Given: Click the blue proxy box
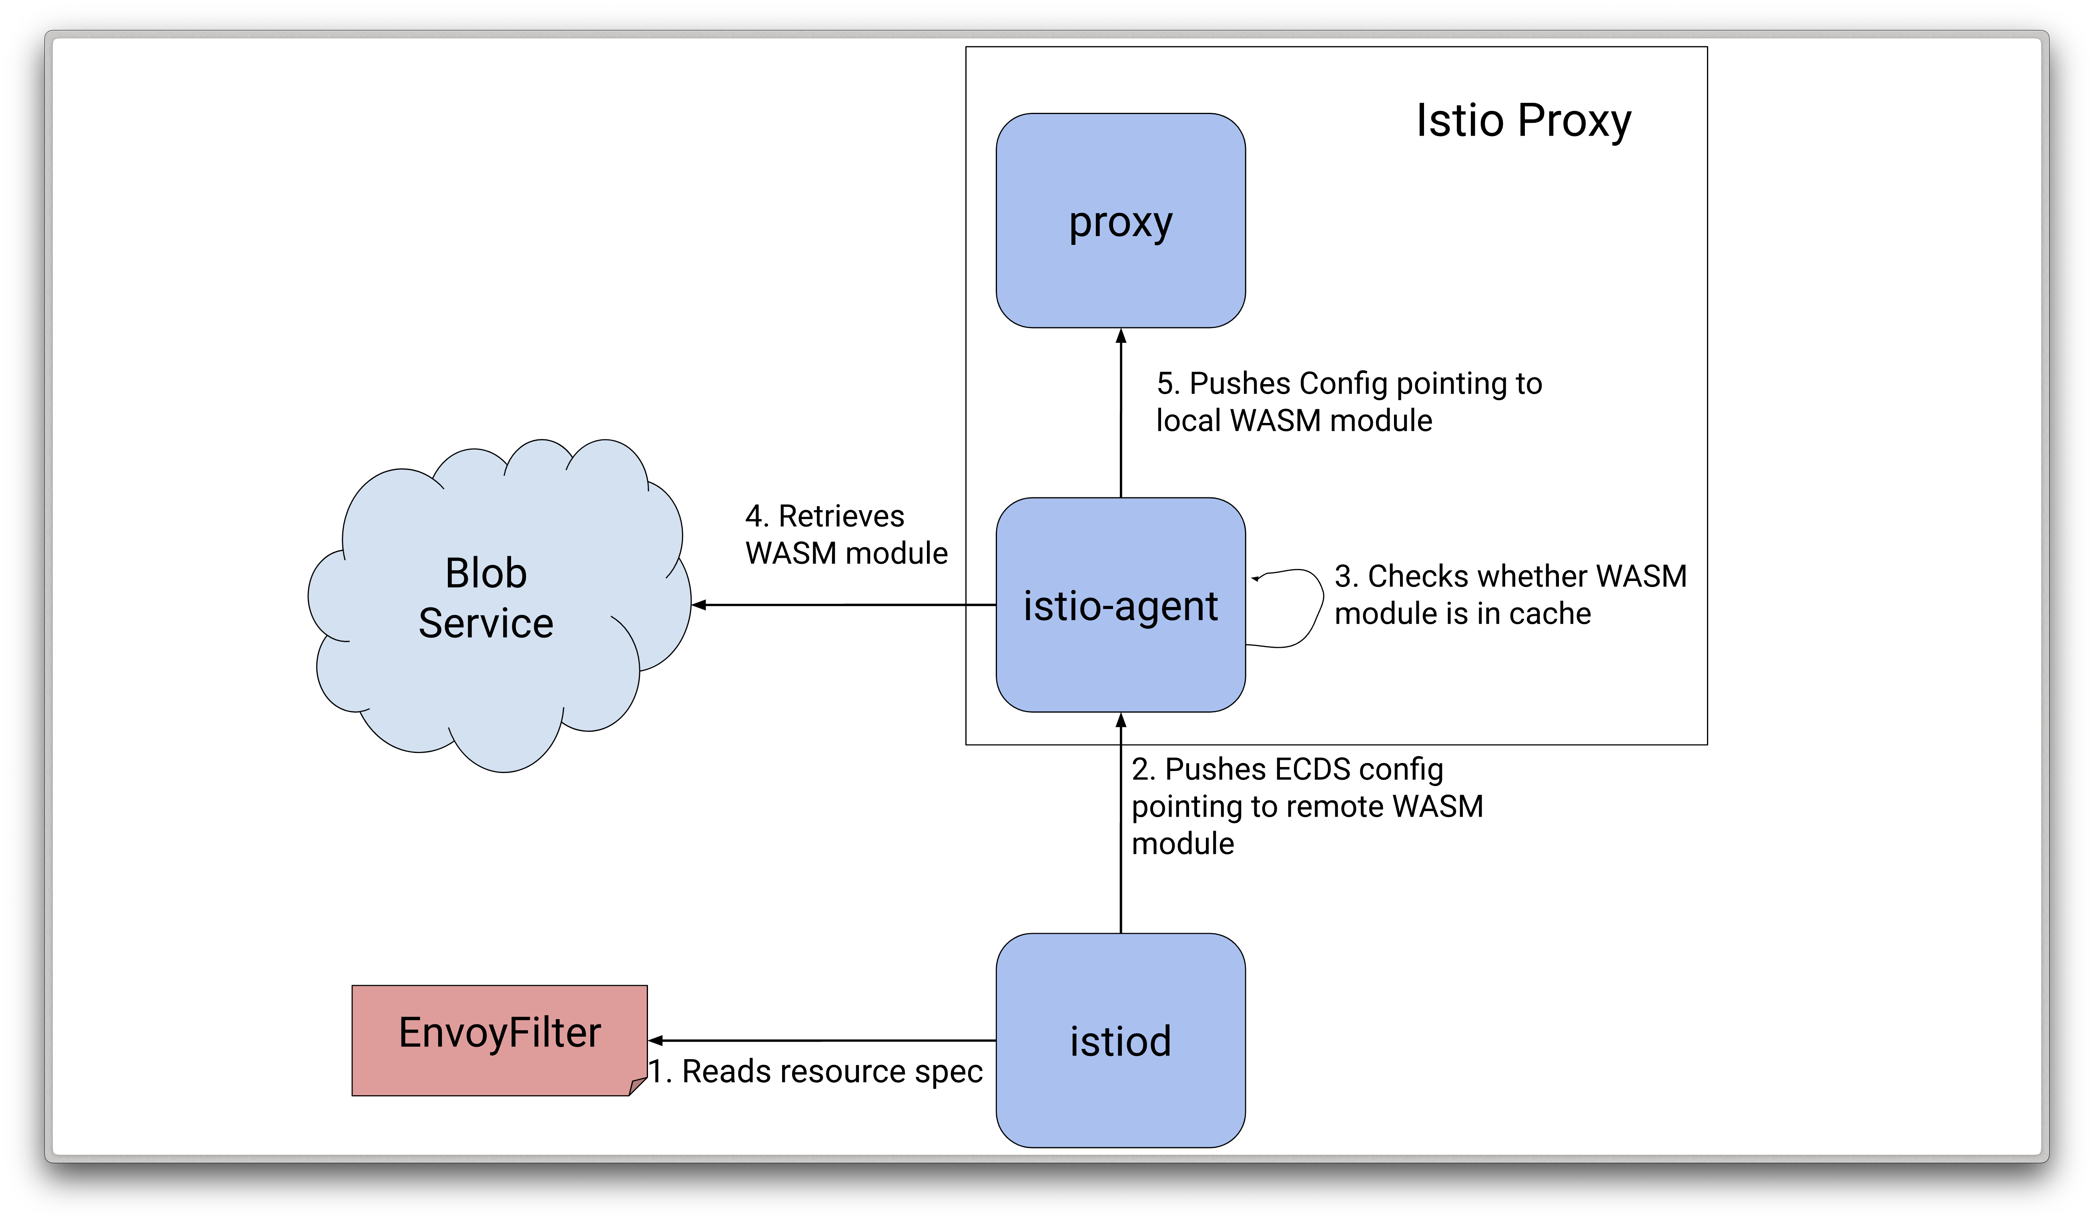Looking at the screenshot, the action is coord(1120,220).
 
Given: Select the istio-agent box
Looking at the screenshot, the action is coord(1120,605).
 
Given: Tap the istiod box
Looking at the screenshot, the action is coord(1120,1040).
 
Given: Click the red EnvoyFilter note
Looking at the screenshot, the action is coord(499,1040).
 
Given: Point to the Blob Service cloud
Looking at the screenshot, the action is coord(499,605).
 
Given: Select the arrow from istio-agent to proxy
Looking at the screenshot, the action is coord(1121,413).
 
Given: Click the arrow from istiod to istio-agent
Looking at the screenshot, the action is coord(1121,822).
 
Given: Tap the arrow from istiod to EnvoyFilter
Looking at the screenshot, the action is coord(822,1040).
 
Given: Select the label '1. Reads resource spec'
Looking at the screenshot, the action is coord(815,1072).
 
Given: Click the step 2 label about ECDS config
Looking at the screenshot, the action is coord(1307,806).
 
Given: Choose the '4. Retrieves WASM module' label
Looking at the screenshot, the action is coord(846,534).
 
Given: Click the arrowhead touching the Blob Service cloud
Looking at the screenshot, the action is coord(699,605).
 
